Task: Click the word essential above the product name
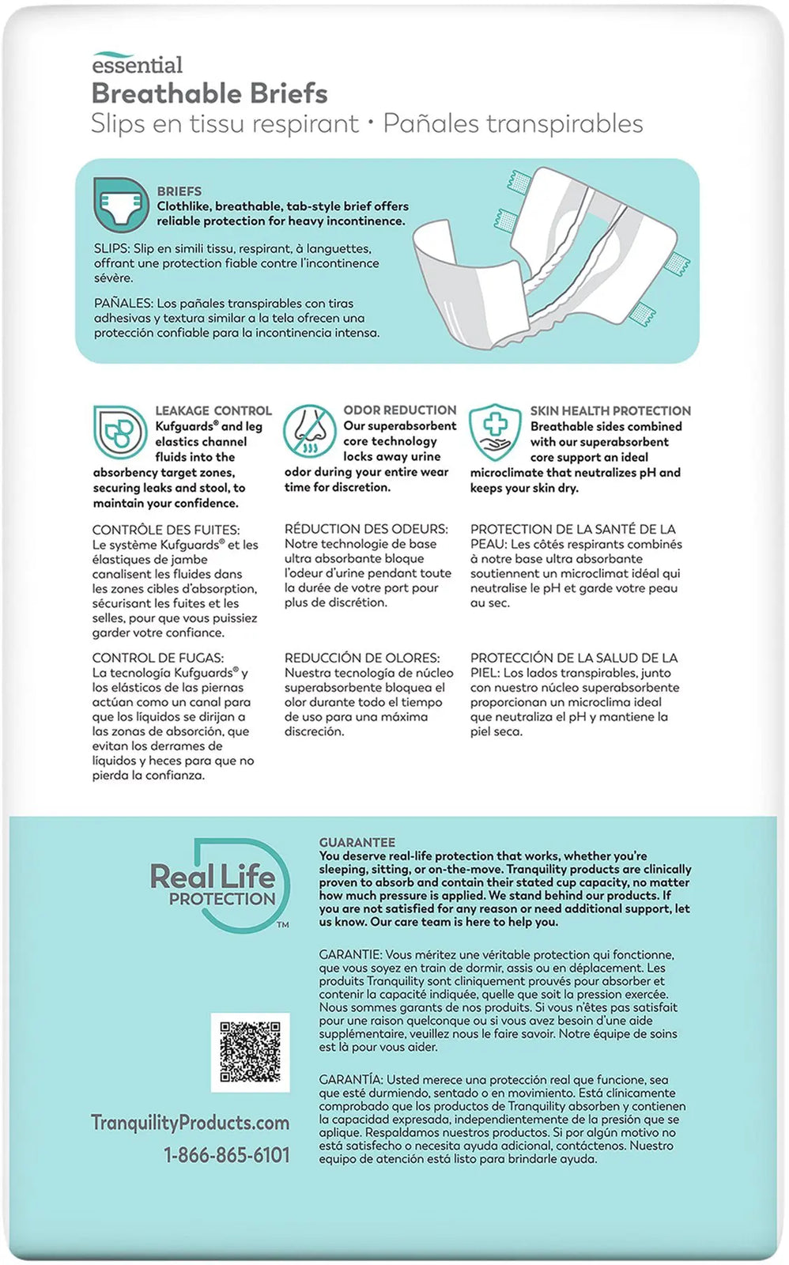coord(137,65)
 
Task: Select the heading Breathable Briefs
coord(210,93)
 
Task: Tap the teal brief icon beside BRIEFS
coord(121,203)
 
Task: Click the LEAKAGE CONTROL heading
coord(213,410)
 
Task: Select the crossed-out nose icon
coord(309,432)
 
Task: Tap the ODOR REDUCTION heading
coord(399,410)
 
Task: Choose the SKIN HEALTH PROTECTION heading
coord(610,410)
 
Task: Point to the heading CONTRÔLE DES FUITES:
coord(166,530)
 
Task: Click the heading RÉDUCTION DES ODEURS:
coord(366,529)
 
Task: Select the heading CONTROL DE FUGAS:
coord(158,658)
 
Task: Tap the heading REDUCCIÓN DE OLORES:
coord(362,658)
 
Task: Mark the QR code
coord(250,1052)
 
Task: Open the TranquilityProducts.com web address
coord(190,1123)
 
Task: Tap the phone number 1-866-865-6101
coord(227,1155)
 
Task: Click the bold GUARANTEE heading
coord(357,843)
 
